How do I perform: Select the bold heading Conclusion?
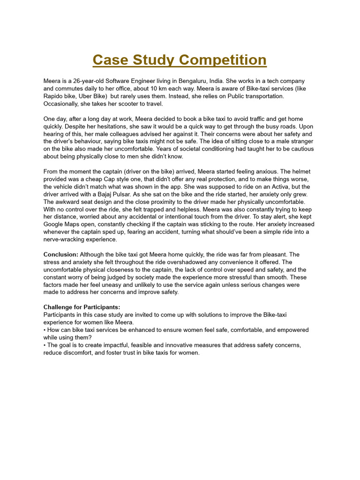pyautogui.click(x=61, y=255)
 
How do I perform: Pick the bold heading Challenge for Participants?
pyautogui.click(x=82, y=307)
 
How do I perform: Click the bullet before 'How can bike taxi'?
pyautogui.click(x=45, y=330)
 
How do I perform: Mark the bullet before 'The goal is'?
pyautogui.click(x=45, y=345)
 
